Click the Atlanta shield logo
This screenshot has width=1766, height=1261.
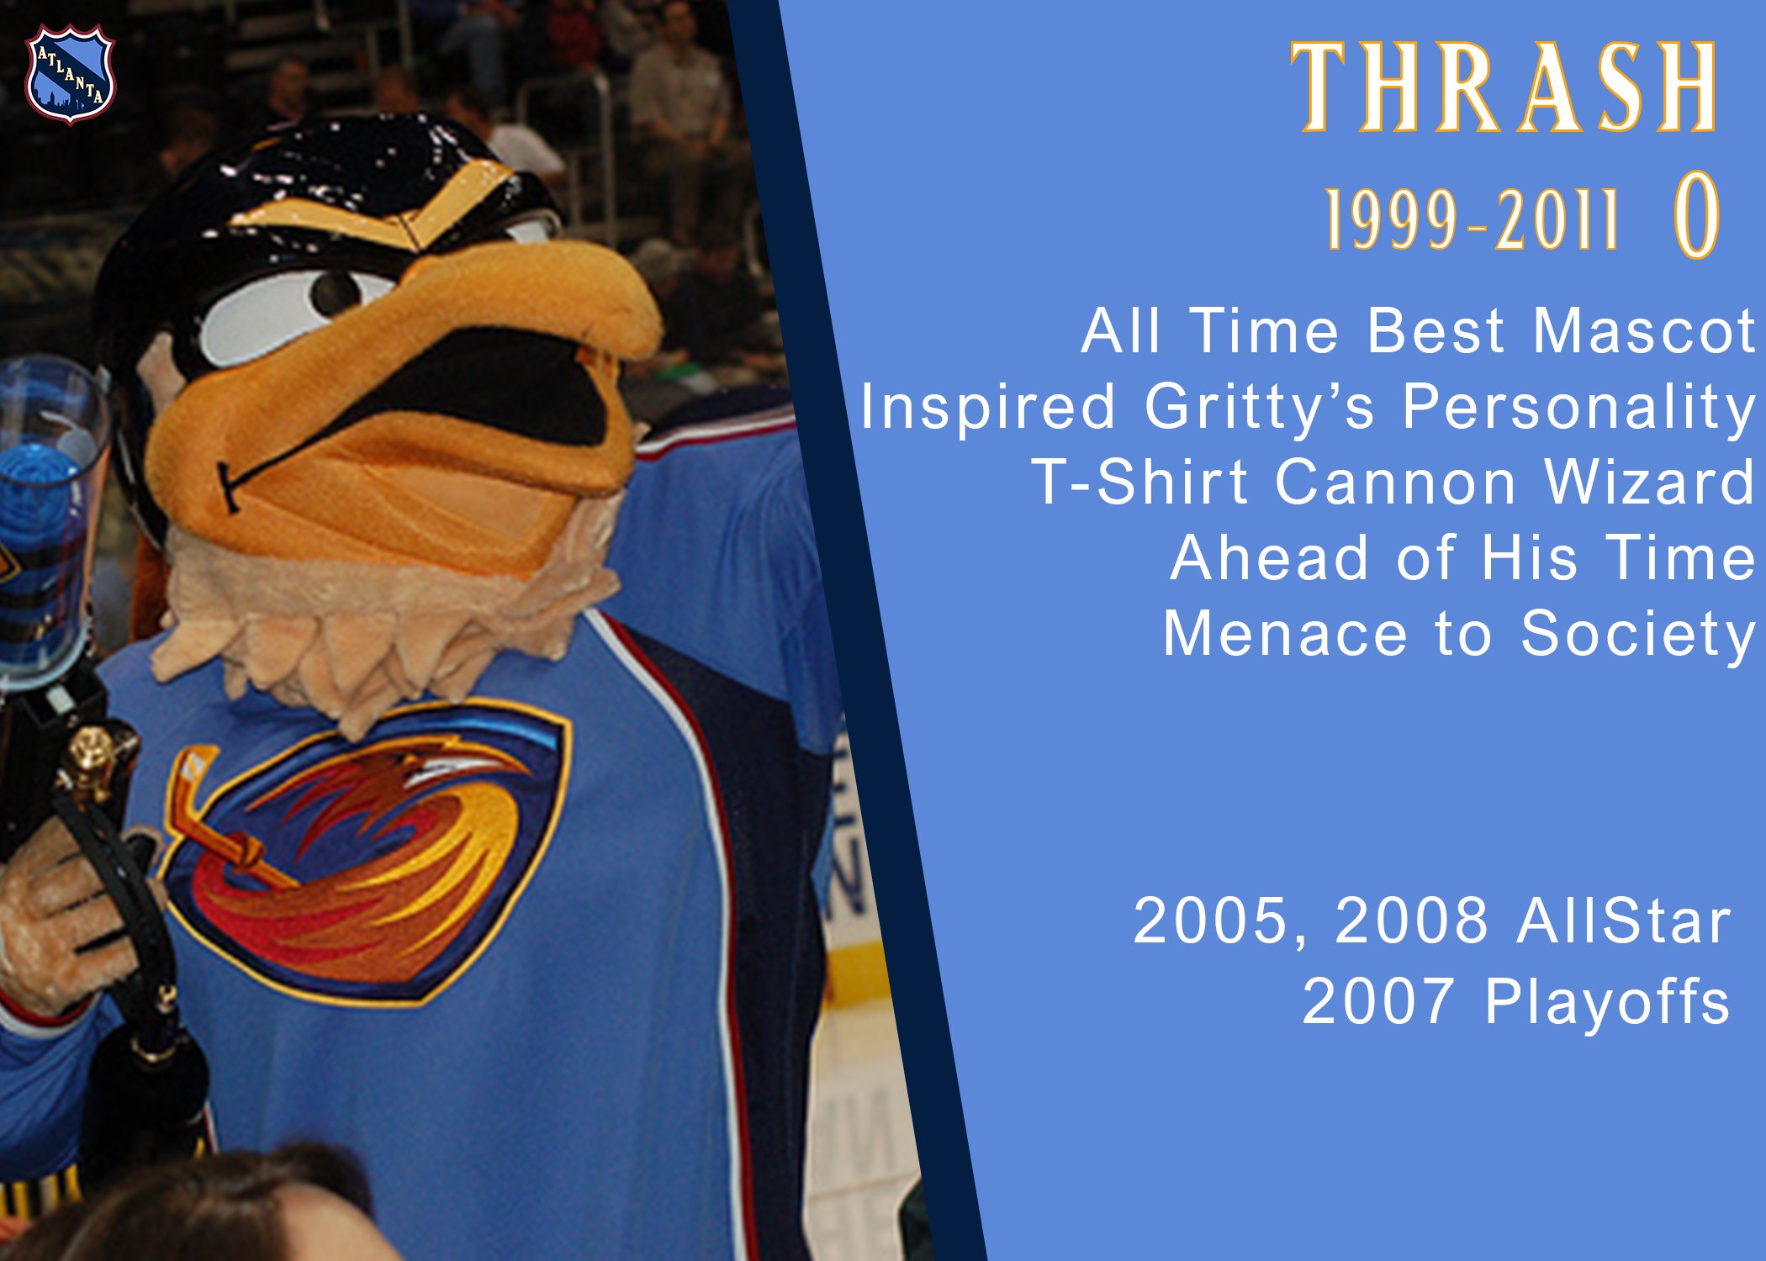(70, 74)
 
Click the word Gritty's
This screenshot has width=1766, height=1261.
(1260, 407)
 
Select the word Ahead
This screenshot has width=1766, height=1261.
(1270, 557)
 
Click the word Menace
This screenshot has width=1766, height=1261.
(1285, 633)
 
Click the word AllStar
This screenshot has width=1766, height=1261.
(1624, 921)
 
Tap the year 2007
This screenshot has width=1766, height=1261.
(1378, 1000)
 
